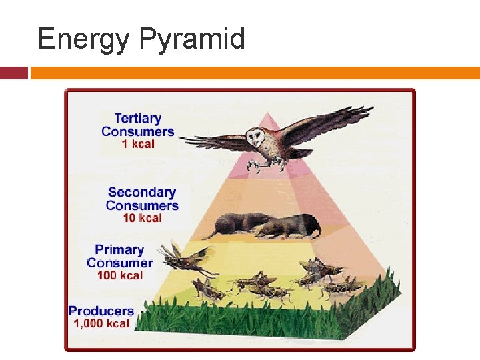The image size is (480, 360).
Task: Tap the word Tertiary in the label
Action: [137, 119]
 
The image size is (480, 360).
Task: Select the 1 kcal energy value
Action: [138, 144]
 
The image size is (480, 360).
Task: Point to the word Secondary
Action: [142, 193]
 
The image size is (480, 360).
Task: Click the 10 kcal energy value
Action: [143, 218]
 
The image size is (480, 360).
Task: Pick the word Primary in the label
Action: [119, 250]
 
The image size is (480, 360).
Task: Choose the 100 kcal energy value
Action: [120, 275]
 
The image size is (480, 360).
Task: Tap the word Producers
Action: [101, 311]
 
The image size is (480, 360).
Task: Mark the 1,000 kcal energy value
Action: [101, 323]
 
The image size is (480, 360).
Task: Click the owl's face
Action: [255, 138]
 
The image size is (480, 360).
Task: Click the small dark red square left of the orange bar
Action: [14, 73]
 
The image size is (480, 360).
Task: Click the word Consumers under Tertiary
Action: [138, 131]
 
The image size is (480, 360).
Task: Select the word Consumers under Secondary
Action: [142, 205]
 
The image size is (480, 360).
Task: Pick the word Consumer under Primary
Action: [119, 263]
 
